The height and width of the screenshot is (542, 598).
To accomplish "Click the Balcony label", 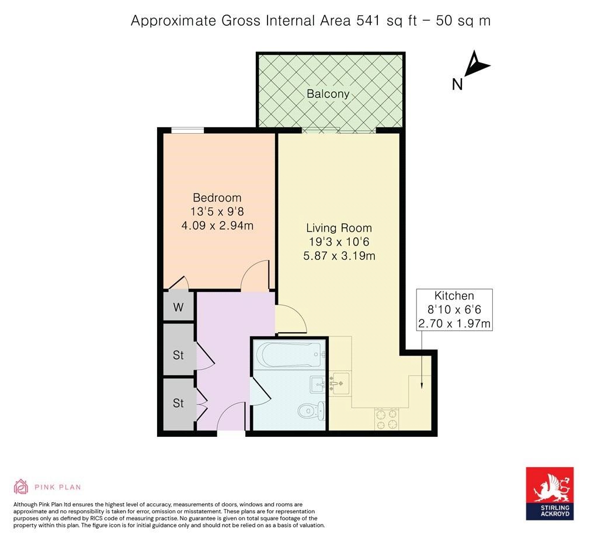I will click(x=328, y=93).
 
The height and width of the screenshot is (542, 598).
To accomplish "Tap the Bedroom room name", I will click(x=217, y=197).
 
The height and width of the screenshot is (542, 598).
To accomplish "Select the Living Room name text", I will click(x=340, y=228).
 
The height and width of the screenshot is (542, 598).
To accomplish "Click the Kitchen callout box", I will click(x=454, y=310).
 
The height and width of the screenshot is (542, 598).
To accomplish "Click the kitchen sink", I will click(x=340, y=384).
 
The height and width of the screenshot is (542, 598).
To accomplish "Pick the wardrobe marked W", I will click(x=178, y=307).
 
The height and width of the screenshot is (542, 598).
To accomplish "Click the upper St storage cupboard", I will click(x=178, y=355).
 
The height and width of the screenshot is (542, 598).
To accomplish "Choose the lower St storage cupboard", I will click(x=178, y=403).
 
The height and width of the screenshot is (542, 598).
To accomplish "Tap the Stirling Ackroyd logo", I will click(x=550, y=493).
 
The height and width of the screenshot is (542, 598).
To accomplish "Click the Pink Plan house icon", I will click(x=21, y=487).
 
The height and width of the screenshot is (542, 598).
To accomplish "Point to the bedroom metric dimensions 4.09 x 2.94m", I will click(x=217, y=225).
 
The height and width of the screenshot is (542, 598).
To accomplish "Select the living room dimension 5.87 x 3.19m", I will click(x=340, y=255).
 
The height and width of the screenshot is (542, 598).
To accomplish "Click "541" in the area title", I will click(x=367, y=21).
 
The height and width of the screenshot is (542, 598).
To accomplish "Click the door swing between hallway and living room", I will click(x=290, y=319).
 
